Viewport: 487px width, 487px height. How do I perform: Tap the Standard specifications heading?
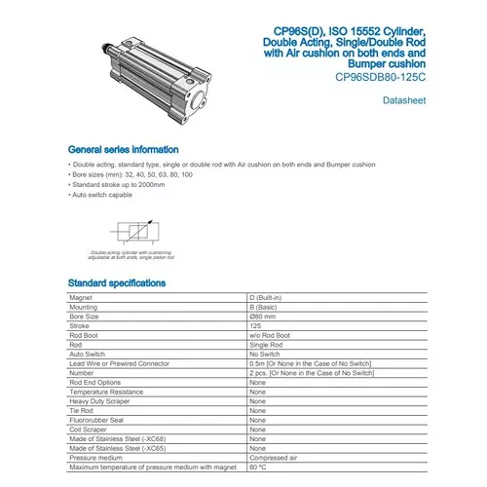click(x=116, y=283)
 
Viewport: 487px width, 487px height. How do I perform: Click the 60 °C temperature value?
click(x=259, y=467)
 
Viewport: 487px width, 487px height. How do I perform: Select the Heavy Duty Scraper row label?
click(x=99, y=400)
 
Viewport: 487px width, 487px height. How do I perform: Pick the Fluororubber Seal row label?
click(x=95, y=419)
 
